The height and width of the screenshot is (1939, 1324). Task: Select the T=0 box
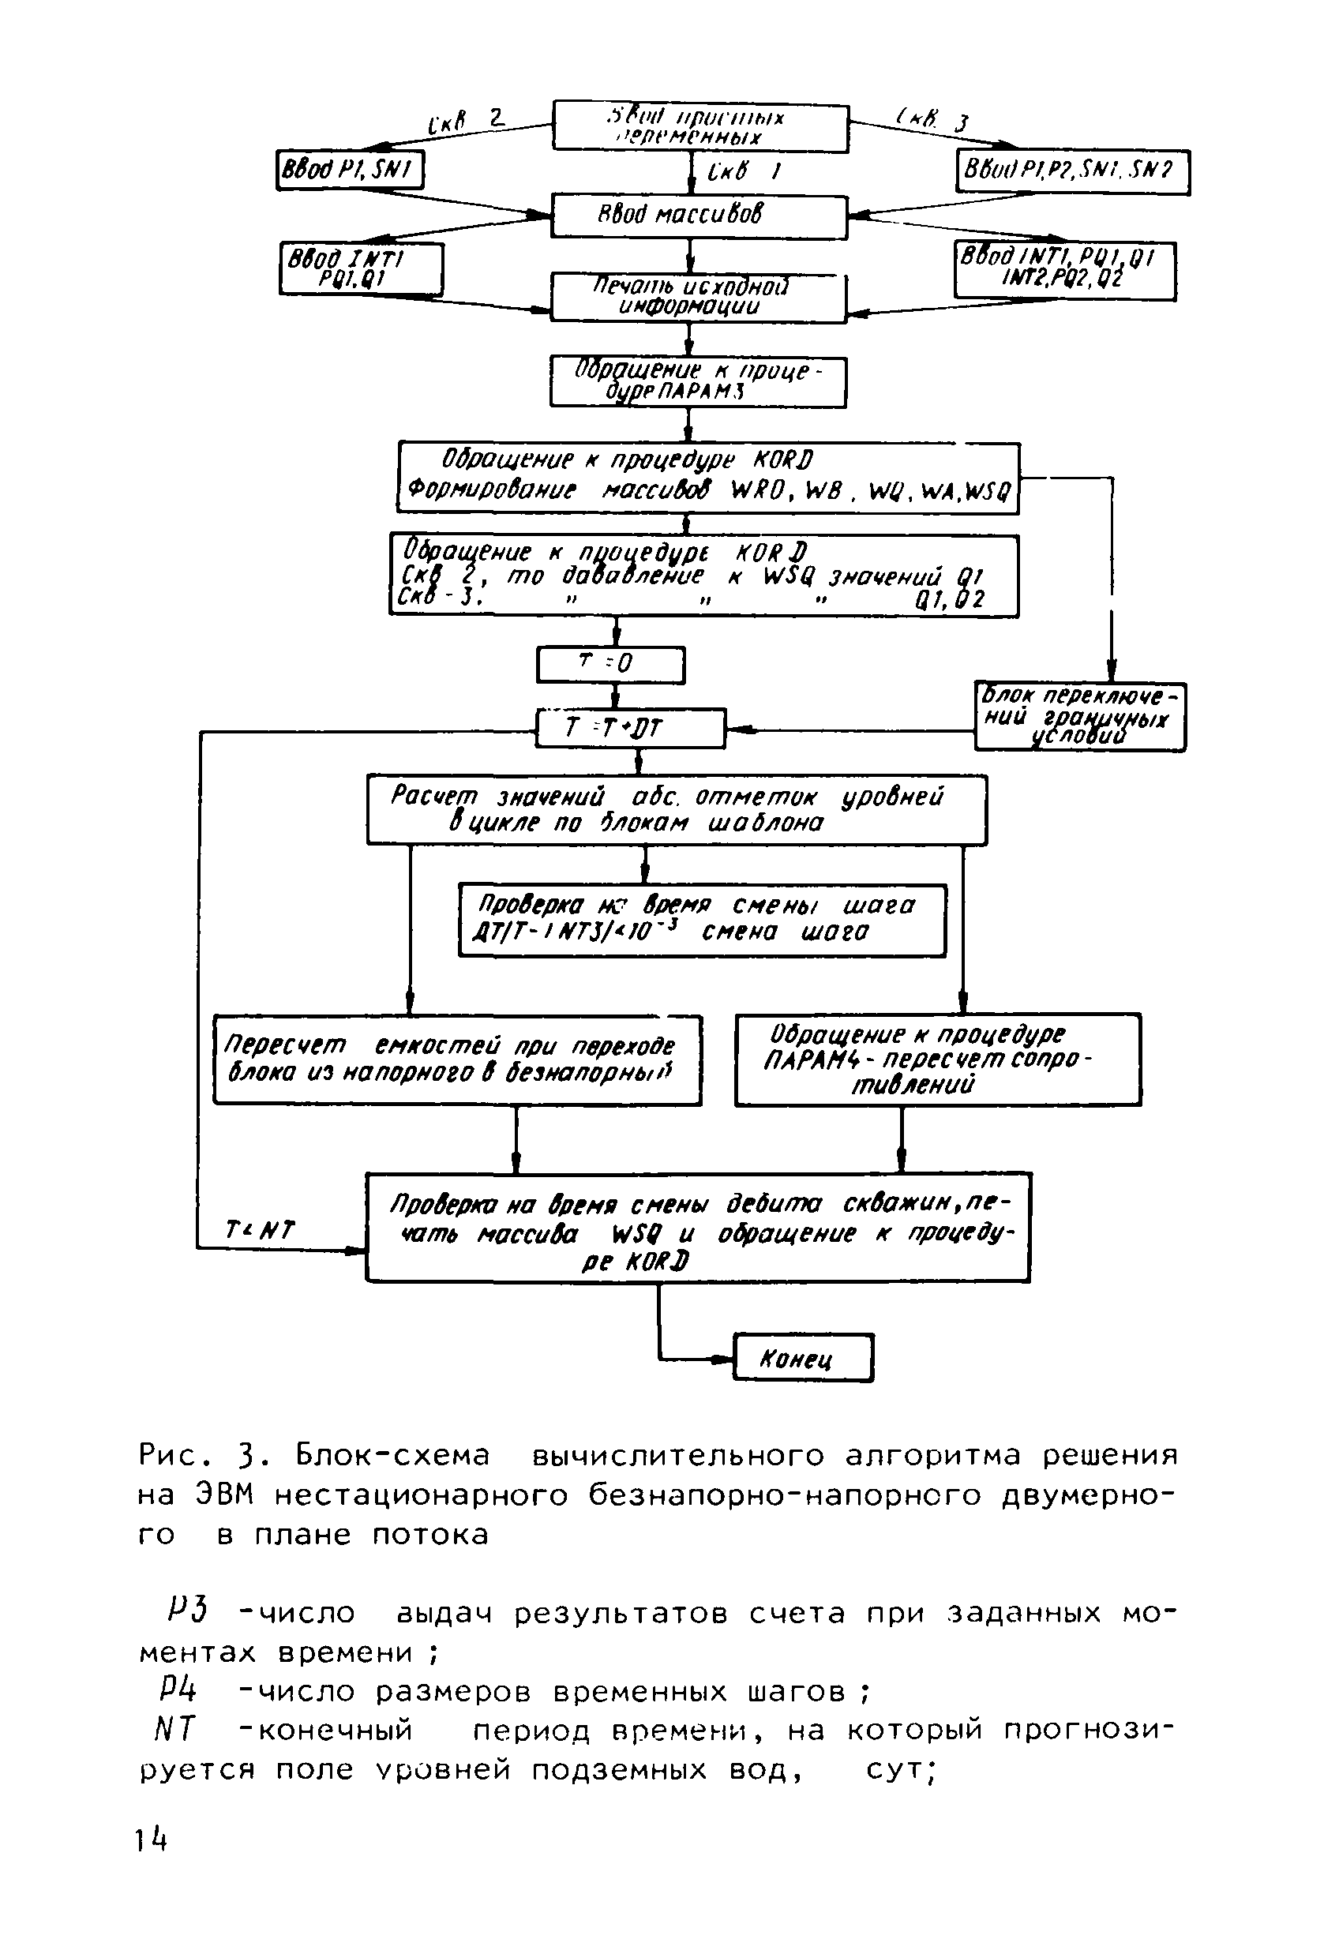(609, 664)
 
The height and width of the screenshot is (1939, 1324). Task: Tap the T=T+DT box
(630, 729)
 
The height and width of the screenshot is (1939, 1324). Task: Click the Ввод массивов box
(698, 216)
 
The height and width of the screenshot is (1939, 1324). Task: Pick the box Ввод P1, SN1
(350, 171)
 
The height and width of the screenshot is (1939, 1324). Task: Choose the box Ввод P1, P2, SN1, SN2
(1072, 171)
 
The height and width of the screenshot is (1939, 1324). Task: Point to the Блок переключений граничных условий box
(1079, 717)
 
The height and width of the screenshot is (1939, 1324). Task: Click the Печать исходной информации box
(698, 297)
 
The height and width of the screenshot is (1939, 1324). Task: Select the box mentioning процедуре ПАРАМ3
(697, 382)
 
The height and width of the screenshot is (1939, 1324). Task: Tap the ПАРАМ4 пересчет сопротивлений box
(937, 1060)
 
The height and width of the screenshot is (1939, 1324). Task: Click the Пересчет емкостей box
(456, 1060)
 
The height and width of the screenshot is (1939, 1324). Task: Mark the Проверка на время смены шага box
(702, 920)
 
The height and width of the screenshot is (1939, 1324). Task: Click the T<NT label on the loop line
(260, 1229)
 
